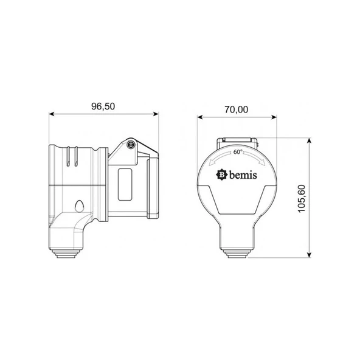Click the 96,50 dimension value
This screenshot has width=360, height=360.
coord(103,106)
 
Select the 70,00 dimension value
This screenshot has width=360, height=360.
coord(236,109)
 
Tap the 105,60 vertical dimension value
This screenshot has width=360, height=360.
coord(302,199)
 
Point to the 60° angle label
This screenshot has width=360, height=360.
coord(238,152)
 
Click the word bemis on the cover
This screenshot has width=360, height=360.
coord(243,175)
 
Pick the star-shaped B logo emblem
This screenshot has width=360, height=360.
coord(222,175)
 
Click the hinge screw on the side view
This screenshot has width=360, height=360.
coord(131,144)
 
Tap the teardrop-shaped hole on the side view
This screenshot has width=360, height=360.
coord(80,206)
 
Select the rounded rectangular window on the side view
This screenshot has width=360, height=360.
coord(125,185)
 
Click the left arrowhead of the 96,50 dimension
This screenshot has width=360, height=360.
coord(52,114)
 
